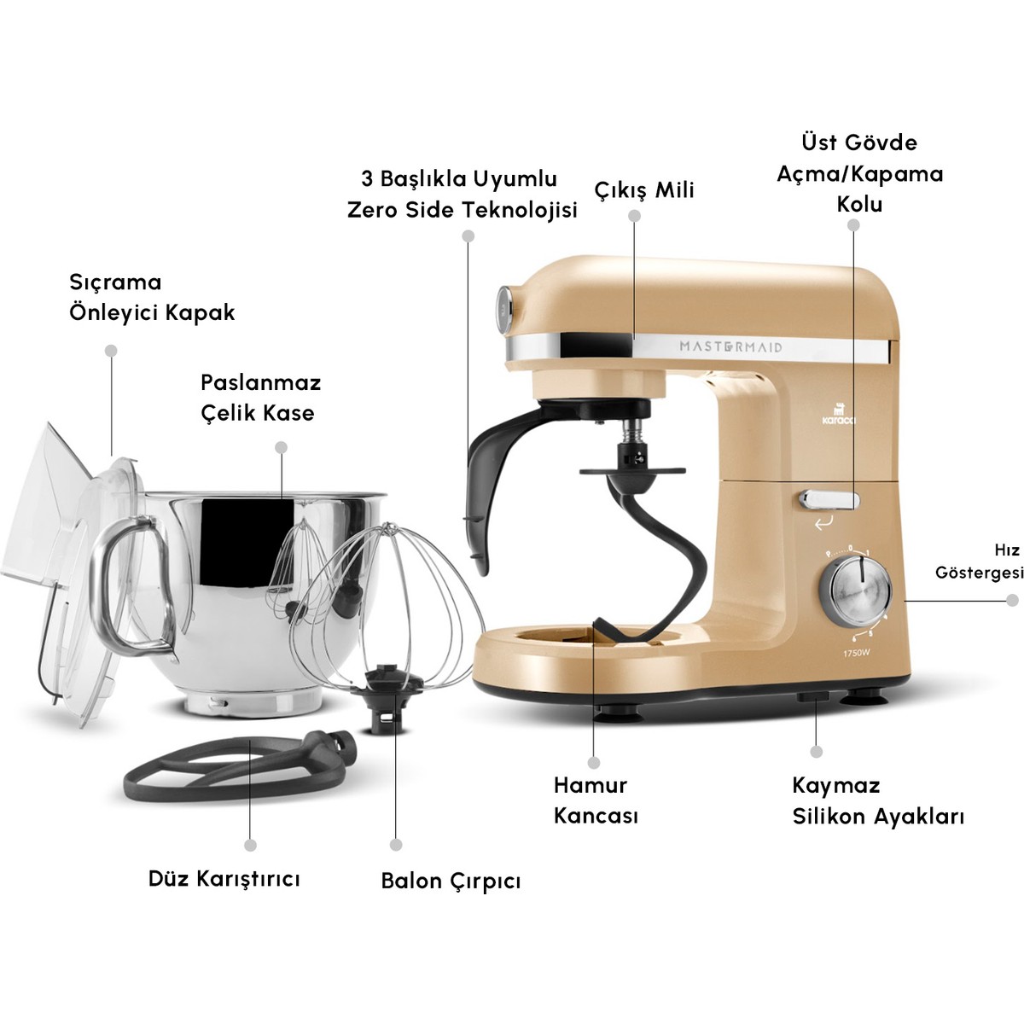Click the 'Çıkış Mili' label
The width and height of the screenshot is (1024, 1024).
(x=643, y=189)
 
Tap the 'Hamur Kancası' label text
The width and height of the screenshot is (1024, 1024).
(x=595, y=800)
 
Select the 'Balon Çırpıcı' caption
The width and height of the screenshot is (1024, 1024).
(x=451, y=881)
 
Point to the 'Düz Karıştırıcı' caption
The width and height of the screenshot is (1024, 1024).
(x=224, y=878)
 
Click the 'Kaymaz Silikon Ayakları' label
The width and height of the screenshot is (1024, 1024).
(x=877, y=800)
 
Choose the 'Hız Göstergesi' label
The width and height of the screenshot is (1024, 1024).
(x=979, y=561)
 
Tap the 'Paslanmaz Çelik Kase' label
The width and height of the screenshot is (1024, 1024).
(x=259, y=397)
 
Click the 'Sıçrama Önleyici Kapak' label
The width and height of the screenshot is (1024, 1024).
(x=151, y=297)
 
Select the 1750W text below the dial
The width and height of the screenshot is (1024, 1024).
(x=856, y=654)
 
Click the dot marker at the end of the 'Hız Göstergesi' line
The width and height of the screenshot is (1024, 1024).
(x=1012, y=600)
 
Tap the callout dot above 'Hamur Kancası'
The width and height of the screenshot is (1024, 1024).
(x=594, y=762)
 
